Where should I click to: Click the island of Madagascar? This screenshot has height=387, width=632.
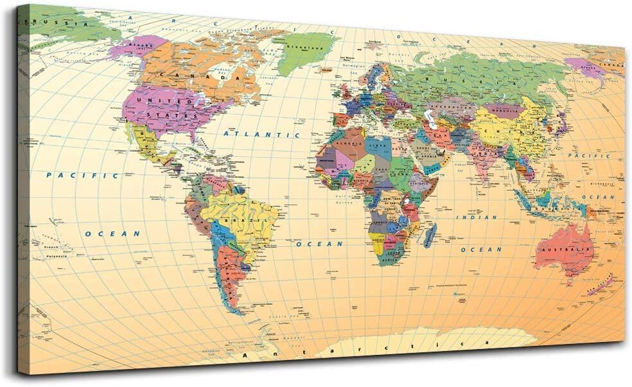point(430,235)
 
